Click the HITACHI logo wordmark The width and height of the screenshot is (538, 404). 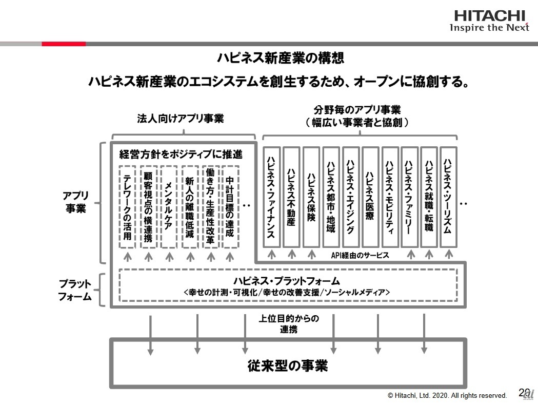pos(490,16)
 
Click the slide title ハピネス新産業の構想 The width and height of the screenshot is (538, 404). pos(281,57)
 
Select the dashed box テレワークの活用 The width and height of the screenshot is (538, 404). pos(127,207)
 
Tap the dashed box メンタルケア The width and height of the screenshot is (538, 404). pos(168,207)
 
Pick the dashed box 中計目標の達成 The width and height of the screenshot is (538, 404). pos(230,207)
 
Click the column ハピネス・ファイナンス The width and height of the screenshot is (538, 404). pos(271,197)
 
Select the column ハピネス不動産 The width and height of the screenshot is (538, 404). pos(291,197)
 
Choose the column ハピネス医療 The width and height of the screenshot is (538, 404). pos(370,197)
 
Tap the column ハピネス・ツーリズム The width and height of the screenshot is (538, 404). pos(448,197)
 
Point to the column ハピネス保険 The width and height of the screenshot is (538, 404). pos(311,197)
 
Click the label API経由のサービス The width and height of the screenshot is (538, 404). pos(360,255)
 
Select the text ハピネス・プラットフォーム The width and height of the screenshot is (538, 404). pos(287,281)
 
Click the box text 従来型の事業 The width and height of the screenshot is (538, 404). pos(288,365)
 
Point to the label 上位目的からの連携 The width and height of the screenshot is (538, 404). pos(289,323)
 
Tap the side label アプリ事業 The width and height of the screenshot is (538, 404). pos(75,202)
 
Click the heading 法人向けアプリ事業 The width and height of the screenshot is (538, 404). pos(181,119)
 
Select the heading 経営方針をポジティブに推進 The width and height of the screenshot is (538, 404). pos(181,154)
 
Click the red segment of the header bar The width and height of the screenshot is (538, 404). pos(64,44)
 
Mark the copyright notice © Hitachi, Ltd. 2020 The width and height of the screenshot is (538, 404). pos(447,395)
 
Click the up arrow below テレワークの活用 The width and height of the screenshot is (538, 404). pos(128,257)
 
